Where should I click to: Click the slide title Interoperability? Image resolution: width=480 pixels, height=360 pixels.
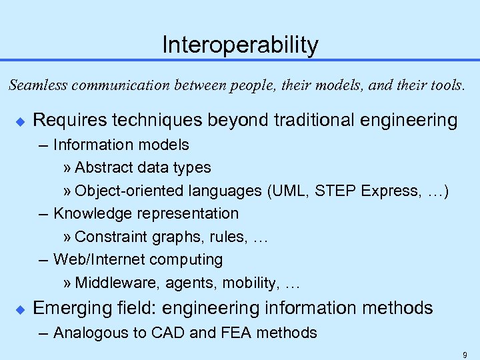coord(240,45)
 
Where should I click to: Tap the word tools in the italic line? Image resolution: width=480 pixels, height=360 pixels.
coord(445,85)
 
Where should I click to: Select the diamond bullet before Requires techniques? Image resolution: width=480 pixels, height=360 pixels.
coord(18,121)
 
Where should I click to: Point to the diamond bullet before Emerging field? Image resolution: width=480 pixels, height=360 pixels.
coord(18,309)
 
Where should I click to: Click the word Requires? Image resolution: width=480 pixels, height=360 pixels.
coord(66,121)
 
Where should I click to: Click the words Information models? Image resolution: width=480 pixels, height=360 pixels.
coord(121,145)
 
